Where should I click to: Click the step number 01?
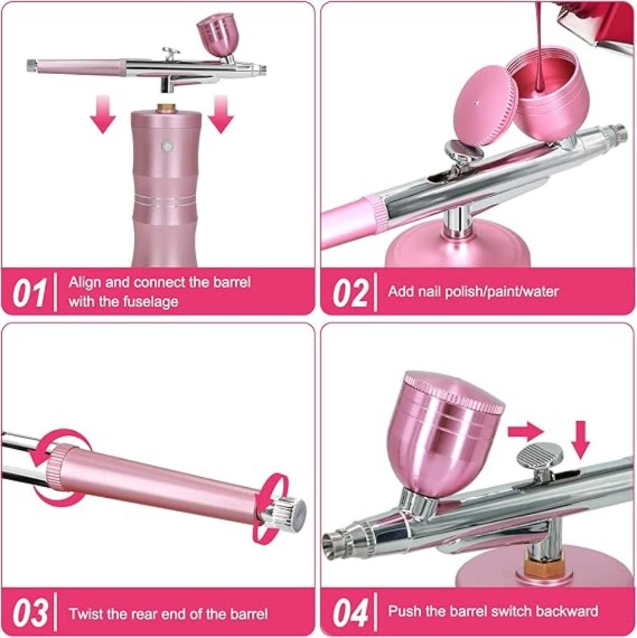click(29, 293)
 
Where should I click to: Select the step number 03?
click(29, 613)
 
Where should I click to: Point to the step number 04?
click(349, 613)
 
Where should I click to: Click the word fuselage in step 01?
click(150, 302)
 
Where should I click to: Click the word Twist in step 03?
click(85, 614)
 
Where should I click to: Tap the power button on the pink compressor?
click(166, 146)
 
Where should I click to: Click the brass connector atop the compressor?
click(166, 108)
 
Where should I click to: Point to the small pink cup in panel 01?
click(218, 34)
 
